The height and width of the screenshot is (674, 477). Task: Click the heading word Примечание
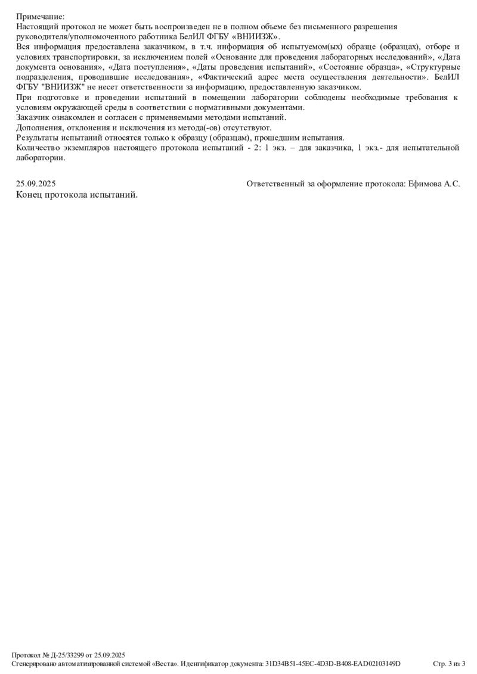(40, 17)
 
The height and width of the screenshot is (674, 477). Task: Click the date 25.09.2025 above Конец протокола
(36, 184)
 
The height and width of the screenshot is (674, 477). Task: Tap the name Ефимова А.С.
(434, 184)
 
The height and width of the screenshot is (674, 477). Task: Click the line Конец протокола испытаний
(77, 195)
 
